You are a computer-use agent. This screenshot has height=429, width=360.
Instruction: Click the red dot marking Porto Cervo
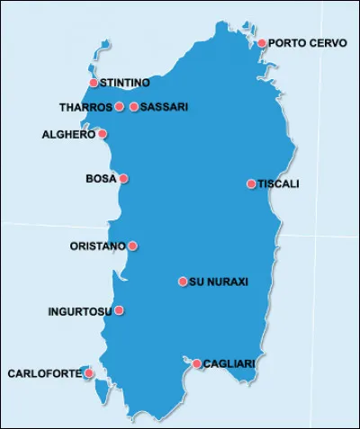[x=262, y=42]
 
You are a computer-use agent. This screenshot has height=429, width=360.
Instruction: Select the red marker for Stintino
[x=94, y=83]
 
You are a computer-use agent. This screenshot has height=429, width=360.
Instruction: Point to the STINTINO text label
[x=125, y=83]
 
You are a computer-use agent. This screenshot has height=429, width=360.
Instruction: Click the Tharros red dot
[x=120, y=106]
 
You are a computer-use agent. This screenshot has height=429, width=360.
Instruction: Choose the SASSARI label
[x=165, y=106]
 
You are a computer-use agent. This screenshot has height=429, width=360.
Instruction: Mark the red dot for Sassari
[x=134, y=106]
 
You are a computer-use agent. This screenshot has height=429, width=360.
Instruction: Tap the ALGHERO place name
[x=68, y=134]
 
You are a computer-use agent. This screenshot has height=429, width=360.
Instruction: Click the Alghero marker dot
[x=102, y=134]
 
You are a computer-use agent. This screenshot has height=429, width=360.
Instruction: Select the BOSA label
[x=101, y=178]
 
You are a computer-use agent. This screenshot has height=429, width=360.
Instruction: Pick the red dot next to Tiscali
[x=251, y=183]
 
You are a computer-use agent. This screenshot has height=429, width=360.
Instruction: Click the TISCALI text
[x=279, y=183]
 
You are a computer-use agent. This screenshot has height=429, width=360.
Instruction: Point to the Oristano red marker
[x=132, y=246]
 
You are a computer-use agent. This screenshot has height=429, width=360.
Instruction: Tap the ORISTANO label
[x=97, y=246]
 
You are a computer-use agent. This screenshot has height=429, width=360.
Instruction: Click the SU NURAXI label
[x=219, y=282]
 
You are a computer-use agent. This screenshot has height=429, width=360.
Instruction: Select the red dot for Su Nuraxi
[x=183, y=282]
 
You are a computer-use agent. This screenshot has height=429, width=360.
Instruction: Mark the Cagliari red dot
[x=197, y=363]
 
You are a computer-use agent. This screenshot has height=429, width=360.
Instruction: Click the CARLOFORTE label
[x=42, y=372]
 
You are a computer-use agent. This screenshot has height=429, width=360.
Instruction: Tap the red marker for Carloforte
[x=88, y=372]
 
